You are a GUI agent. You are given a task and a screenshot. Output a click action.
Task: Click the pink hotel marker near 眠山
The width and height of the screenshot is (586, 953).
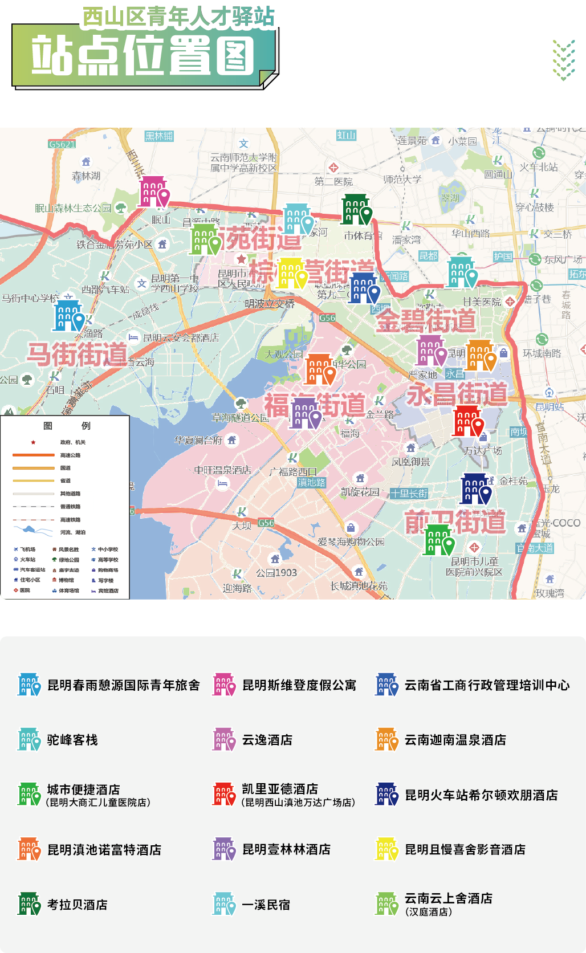tap(154, 192)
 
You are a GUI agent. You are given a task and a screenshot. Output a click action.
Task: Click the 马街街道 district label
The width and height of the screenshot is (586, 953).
tap(78, 355)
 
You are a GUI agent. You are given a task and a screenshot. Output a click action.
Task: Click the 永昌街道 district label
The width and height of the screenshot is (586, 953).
tap(457, 394)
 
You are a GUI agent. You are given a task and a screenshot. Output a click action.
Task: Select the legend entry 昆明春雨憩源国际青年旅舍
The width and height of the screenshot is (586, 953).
tap(123, 685)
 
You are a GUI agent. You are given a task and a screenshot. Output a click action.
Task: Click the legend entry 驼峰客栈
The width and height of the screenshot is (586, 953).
tap(72, 740)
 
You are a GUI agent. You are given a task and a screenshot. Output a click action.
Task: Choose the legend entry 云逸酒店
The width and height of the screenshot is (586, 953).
tap(267, 740)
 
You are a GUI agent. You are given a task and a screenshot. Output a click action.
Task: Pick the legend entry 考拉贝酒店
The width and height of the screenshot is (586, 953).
tap(77, 905)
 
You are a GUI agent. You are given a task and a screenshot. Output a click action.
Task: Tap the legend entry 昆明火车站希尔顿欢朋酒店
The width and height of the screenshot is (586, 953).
tap(481, 795)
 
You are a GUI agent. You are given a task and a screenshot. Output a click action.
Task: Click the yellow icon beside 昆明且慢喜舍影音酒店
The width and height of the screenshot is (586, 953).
tap(386, 849)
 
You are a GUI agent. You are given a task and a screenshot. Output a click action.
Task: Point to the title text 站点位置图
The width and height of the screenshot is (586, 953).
tap(143, 55)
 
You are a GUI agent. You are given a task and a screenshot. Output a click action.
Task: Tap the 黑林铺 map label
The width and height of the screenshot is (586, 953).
tap(159, 136)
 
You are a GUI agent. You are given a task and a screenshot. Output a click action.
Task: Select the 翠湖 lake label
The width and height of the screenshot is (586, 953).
tap(450, 198)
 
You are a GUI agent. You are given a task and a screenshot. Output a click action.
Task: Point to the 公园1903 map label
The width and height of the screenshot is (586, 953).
tap(276, 573)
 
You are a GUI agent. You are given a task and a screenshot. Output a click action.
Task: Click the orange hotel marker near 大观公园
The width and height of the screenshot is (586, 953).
tap(319, 369)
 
